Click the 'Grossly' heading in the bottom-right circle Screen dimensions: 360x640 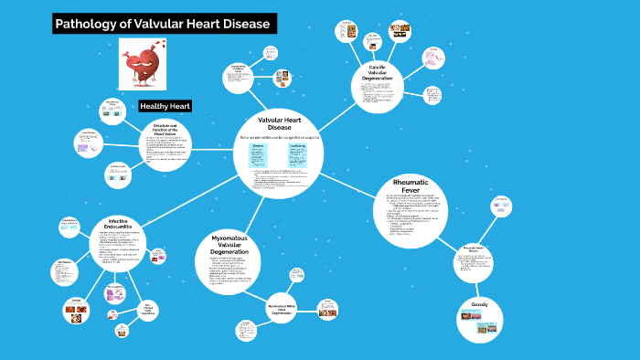pos(479,304)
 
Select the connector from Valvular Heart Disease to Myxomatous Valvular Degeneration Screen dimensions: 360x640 pos(249,208)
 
